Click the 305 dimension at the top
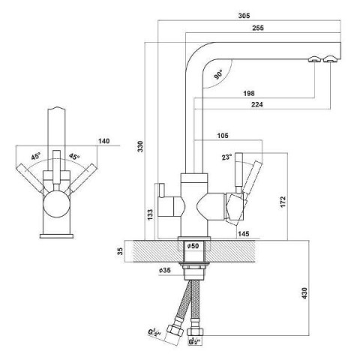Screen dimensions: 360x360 click(x=244, y=16)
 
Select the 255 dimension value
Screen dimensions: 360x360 click(x=258, y=28)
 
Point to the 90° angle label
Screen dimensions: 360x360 click(x=218, y=75)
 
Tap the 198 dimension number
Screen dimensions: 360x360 click(x=249, y=93)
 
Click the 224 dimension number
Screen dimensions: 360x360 click(x=256, y=104)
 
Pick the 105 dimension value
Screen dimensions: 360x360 click(x=223, y=136)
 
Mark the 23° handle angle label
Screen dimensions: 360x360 click(x=226, y=157)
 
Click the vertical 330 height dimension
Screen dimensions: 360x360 click(x=140, y=146)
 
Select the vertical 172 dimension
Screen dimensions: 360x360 click(x=283, y=202)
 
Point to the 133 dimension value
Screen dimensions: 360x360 click(x=150, y=214)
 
